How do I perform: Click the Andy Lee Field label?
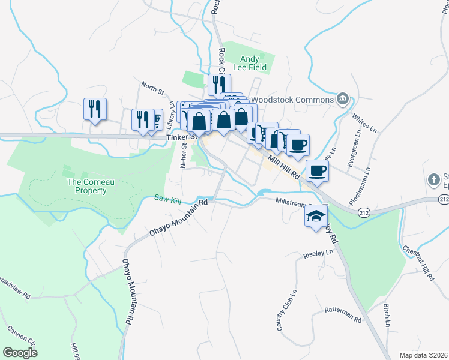tap(257, 63)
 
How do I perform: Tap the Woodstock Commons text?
tap(292, 100)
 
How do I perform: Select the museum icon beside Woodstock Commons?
tap(343, 98)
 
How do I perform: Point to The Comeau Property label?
tap(87, 186)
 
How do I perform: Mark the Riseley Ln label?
tap(318, 254)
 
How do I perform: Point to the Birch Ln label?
tap(387, 316)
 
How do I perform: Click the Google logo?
tap(20, 353)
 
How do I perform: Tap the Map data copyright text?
tap(423, 355)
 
